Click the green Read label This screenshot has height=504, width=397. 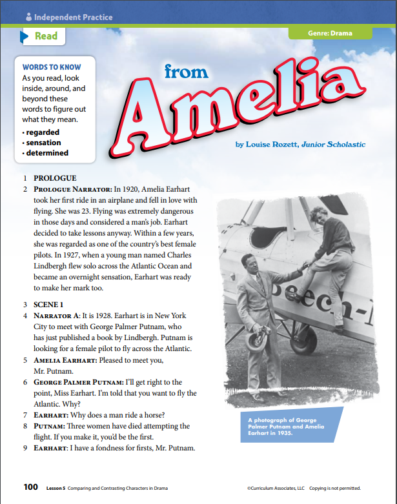pos(46,37)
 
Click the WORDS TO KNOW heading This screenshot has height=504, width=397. pos(52,67)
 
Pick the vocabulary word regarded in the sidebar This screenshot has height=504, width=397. pos(42,132)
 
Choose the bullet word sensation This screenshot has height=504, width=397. pos(44,143)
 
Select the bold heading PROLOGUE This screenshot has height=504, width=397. pos(55,177)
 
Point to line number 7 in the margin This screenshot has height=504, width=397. pos(25,414)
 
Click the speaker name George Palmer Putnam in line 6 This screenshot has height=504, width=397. pos(76,383)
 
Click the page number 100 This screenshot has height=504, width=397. pos(31,487)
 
